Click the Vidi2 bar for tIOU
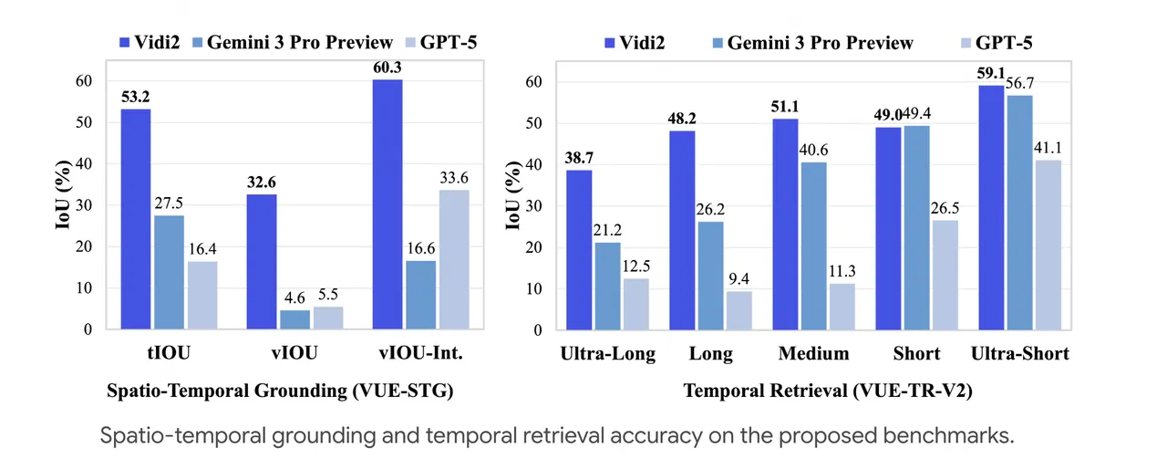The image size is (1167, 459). [x=136, y=219]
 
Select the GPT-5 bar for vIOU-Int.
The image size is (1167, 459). [x=452, y=259]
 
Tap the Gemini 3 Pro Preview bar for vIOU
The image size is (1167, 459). [x=294, y=319]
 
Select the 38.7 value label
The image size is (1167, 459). [x=580, y=156]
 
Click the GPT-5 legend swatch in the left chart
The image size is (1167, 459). [x=409, y=42]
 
